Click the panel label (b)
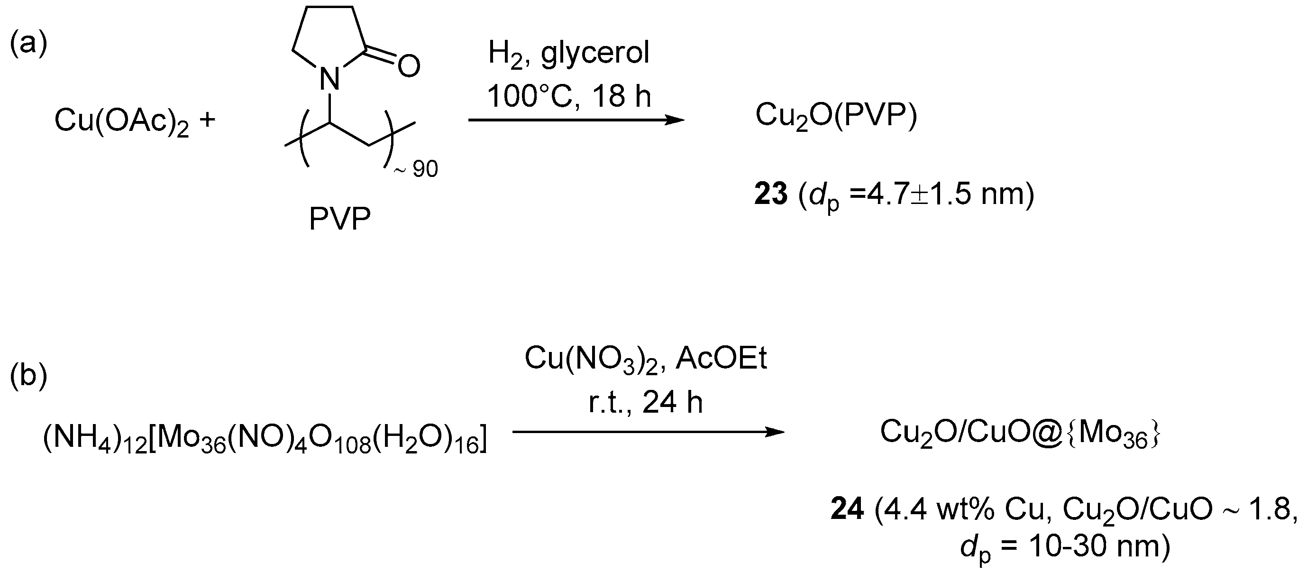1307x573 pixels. [x=28, y=376]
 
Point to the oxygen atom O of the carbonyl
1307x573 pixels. [x=409, y=66]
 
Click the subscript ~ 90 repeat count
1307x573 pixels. [x=416, y=169]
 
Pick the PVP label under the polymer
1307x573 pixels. [x=339, y=219]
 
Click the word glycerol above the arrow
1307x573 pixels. [x=594, y=52]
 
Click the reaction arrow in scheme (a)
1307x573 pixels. [x=576, y=120]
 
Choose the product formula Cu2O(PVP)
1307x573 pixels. [x=836, y=117]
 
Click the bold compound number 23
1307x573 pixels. [x=771, y=194]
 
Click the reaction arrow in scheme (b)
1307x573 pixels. [x=648, y=432]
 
